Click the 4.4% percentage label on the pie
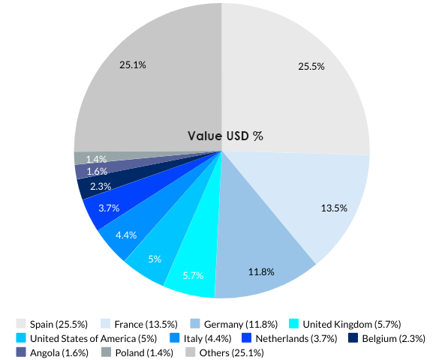126,235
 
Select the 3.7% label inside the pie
109,208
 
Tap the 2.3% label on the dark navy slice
101,186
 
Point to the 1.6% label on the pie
97,172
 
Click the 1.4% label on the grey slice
96,159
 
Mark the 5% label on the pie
155,259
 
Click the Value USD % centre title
225,136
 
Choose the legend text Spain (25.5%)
59,324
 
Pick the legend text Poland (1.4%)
143,352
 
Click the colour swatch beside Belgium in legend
353,338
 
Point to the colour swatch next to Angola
21,352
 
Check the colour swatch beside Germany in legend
195,324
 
